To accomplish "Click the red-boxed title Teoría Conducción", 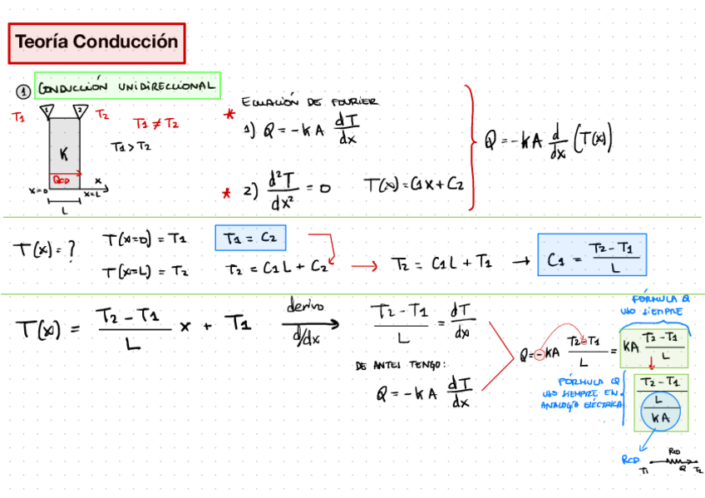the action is (x=96, y=42).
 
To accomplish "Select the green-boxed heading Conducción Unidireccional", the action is (x=126, y=85).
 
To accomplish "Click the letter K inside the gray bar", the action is (x=63, y=154).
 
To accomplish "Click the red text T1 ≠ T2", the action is (x=155, y=124).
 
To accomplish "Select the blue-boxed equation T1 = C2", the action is (x=250, y=239).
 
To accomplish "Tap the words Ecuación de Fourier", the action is (x=309, y=102).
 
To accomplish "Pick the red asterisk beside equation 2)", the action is (x=225, y=194).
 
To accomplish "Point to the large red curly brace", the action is (x=471, y=147).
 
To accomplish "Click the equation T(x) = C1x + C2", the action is (x=413, y=185).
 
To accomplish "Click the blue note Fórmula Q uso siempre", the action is (x=662, y=304).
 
